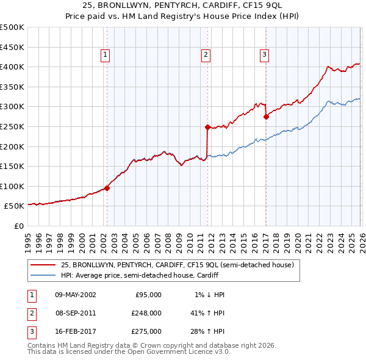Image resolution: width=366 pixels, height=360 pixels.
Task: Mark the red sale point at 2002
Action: coord(107,188)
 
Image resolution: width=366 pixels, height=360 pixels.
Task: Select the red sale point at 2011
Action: coord(207,128)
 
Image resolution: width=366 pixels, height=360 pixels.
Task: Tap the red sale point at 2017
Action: coord(266,117)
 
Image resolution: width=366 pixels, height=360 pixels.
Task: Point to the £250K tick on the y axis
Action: coord(12,126)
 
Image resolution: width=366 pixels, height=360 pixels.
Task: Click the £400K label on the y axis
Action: coord(12,67)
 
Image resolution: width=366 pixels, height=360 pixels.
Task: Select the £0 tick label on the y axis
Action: coord(18,226)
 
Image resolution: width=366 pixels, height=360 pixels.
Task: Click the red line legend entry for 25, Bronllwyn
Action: coord(178,265)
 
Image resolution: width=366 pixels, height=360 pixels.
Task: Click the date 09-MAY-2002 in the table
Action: coord(76,295)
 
